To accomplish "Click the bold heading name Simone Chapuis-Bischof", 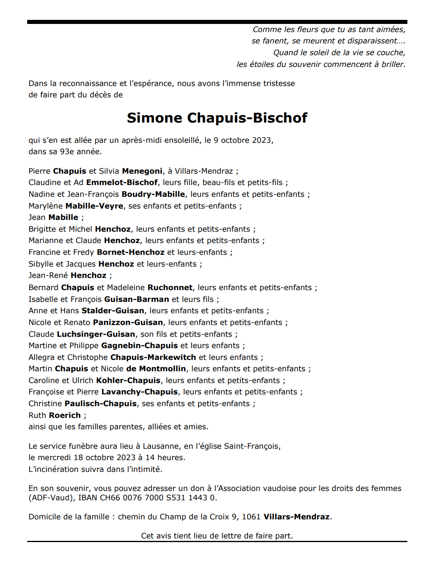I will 217,118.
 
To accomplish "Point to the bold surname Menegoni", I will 142,171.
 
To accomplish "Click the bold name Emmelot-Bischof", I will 122,182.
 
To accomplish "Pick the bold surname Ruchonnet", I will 170,287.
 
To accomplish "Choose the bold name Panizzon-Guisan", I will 128,322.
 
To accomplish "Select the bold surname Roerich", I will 65,415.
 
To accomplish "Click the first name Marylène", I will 46,206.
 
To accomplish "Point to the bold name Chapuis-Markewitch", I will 153,357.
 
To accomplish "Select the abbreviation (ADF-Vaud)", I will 51,497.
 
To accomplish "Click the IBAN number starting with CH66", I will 158,497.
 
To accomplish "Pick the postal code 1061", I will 251,517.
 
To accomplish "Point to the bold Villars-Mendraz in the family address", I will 297,517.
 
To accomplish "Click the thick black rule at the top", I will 217,22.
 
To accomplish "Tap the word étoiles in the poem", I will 263,64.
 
